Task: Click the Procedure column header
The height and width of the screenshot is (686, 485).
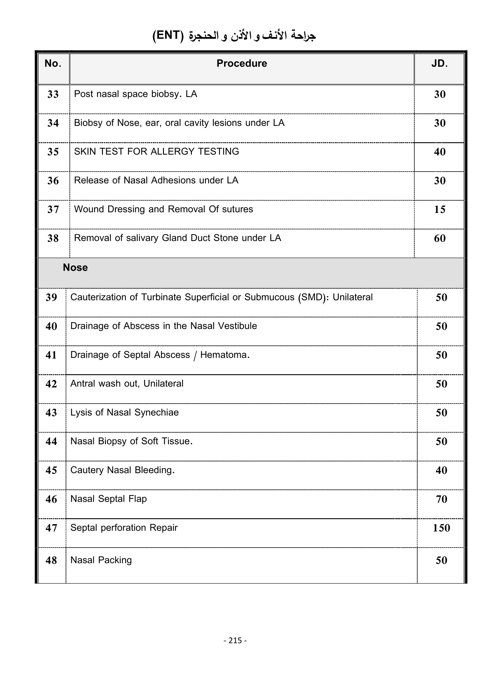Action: pos(242,63)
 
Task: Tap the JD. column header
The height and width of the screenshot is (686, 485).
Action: pos(439,63)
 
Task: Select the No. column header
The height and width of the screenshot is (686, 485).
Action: pos(53,63)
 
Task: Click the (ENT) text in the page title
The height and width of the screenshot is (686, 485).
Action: pos(168,35)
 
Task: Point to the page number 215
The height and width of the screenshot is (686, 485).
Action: pos(235,640)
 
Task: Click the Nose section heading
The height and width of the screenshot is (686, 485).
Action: pos(75,267)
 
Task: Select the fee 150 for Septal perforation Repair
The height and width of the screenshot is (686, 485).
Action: pos(441,528)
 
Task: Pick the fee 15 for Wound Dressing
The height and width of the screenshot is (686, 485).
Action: pos(440,209)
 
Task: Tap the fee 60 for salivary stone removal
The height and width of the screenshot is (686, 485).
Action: pos(440,238)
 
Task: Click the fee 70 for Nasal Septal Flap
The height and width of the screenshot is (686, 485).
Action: pos(441,499)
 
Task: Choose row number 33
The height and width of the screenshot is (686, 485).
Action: pos(53,94)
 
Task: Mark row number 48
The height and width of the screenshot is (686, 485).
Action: pos(51,560)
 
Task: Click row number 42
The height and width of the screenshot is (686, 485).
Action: pos(51,384)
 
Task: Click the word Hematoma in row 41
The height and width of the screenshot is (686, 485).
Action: pos(224,355)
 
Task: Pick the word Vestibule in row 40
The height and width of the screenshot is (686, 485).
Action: pos(237,326)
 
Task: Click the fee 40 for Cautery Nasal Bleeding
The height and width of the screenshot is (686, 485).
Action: pos(441,470)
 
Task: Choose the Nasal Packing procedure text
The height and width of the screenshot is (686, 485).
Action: pos(101,560)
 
